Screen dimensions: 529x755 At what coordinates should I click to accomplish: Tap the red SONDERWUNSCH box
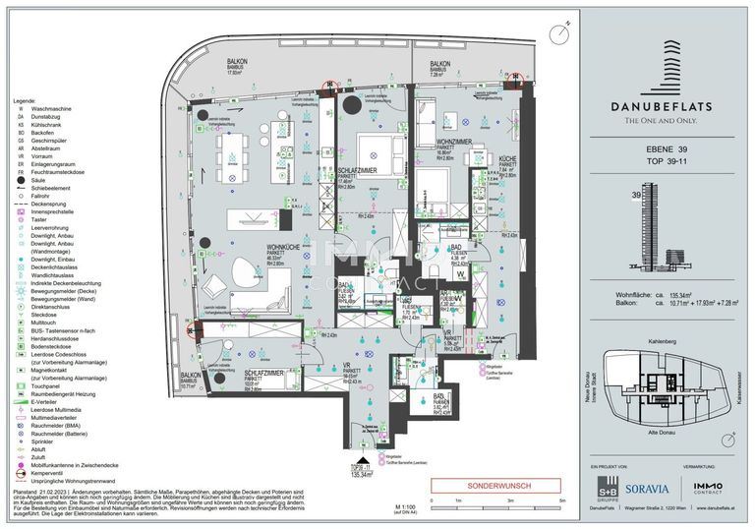point(495,485)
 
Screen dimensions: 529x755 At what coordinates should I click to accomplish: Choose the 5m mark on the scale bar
point(561,502)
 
